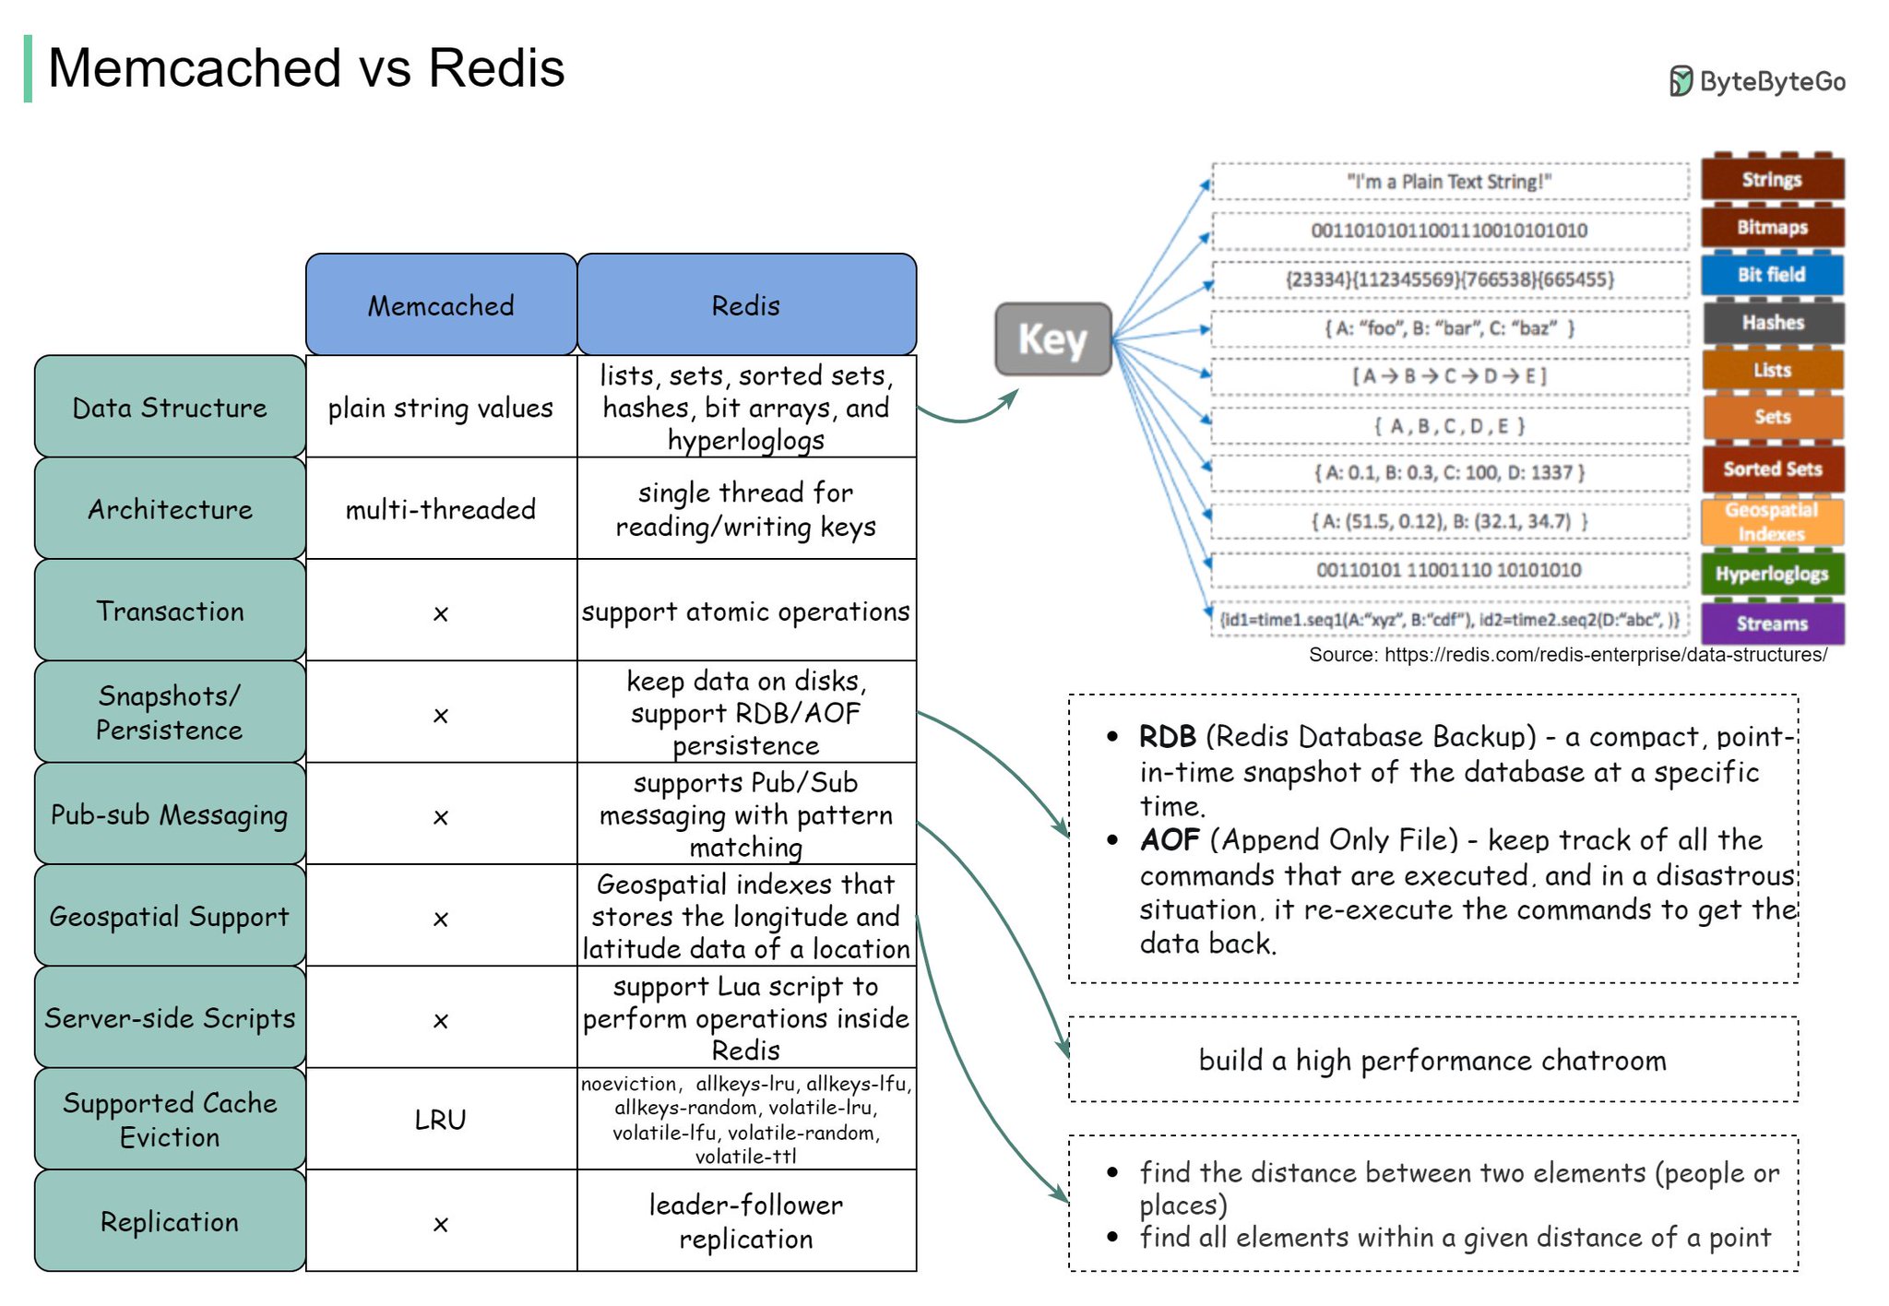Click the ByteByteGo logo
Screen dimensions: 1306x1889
[1757, 81]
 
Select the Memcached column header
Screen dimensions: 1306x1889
[441, 305]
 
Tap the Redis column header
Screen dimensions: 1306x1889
[746, 305]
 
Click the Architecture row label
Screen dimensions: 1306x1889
[170, 509]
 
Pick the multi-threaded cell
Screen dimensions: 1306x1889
[441, 509]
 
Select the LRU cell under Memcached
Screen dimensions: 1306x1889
[441, 1120]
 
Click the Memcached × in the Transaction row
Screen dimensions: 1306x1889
[441, 613]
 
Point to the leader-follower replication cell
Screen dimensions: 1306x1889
[746, 1221]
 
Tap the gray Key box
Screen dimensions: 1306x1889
[1052, 339]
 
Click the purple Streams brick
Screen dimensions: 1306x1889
[1772, 623]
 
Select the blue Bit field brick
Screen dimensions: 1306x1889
[1772, 275]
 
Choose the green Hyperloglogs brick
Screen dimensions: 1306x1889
[1772, 574]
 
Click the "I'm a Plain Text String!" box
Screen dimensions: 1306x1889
[1449, 182]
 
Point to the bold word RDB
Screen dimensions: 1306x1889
[1167, 736]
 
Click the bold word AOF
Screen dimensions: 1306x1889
[1170, 839]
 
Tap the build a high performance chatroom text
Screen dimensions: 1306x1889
[1432, 1061]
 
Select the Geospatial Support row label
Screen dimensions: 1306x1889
[170, 917]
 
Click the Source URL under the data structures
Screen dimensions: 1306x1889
[1568, 655]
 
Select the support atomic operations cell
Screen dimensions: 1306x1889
[746, 611]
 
